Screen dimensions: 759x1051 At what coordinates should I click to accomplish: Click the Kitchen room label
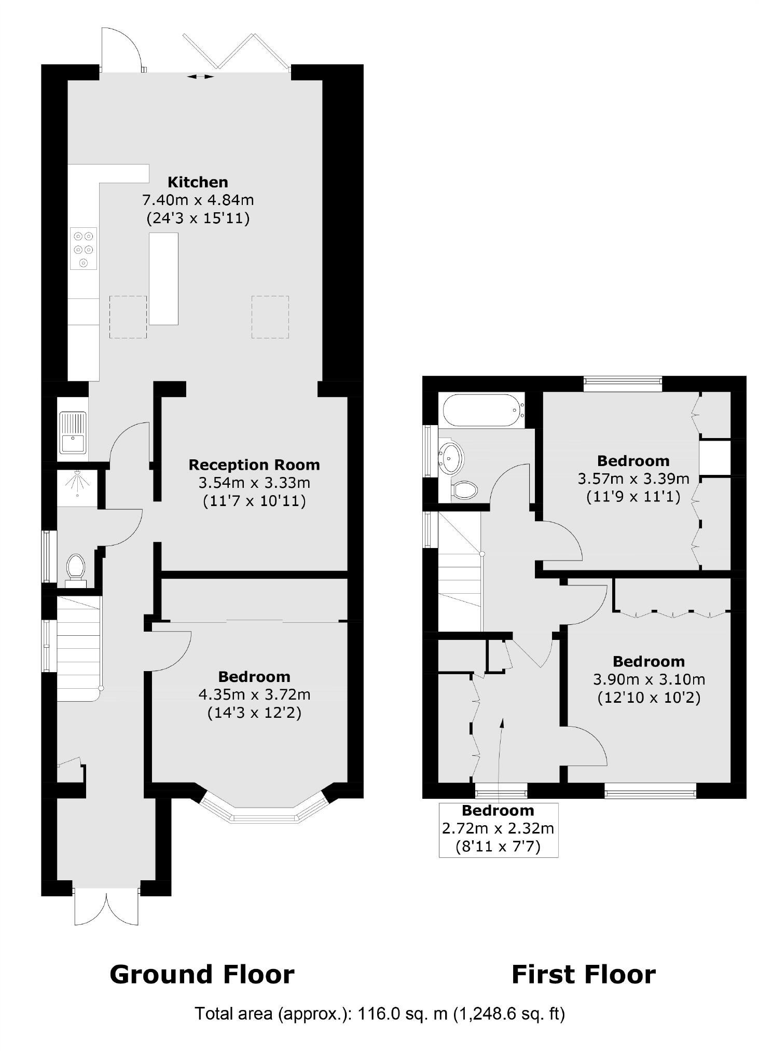coord(198,182)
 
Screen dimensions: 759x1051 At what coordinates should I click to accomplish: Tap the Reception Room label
coord(254,465)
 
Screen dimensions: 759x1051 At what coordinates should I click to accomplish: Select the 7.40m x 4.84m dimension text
coord(198,200)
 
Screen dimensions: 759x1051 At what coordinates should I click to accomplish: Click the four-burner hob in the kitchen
coord(84,249)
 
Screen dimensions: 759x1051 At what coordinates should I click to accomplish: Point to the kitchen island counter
coord(163,279)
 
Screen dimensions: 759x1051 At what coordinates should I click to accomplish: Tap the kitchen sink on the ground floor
coord(73,432)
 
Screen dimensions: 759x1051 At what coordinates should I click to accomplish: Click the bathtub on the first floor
coord(484,410)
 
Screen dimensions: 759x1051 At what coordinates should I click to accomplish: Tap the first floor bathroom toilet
coord(464,490)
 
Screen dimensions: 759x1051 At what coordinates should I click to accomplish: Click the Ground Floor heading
coord(202,975)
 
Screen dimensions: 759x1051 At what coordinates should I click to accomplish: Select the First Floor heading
coord(584,975)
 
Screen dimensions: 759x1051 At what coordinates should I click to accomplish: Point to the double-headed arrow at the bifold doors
coord(200,77)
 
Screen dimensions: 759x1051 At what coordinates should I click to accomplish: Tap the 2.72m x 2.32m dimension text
coord(498,828)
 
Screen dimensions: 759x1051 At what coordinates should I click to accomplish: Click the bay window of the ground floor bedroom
coord(265,810)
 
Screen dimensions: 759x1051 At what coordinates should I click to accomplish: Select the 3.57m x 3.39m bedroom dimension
coord(633,478)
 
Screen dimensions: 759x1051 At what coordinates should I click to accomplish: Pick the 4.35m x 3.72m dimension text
coord(254,694)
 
